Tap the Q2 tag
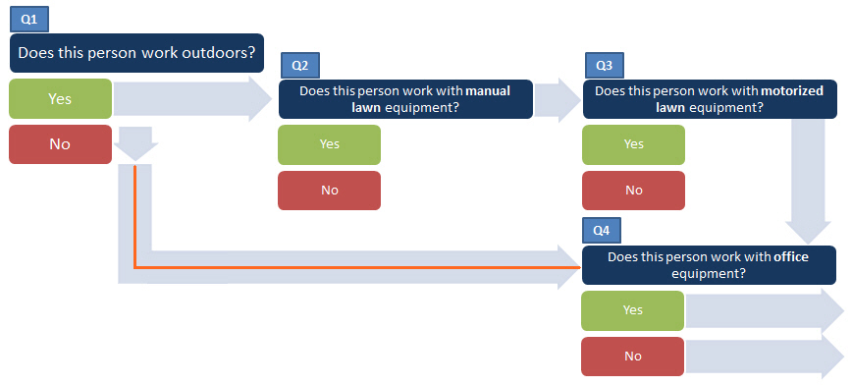click(x=300, y=66)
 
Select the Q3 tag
click(x=605, y=66)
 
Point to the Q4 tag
click(x=603, y=231)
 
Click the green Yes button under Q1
click(x=59, y=98)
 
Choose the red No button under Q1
click(x=59, y=143)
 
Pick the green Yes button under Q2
click(x=329, y=144)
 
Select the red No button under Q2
click(x=329, y=190)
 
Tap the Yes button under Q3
click(x=633, y=144)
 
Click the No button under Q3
click(x=633, y=190)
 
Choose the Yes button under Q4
click(x=633, y=309)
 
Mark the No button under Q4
click(x=633, y=356)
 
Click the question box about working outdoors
click(x=137, y=53)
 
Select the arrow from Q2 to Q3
click(x=558, y=99)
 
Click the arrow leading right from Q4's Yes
click(x=764, y=310)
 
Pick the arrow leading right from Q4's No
click(x=764, y=356)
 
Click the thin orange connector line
click(x=353, y=266)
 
